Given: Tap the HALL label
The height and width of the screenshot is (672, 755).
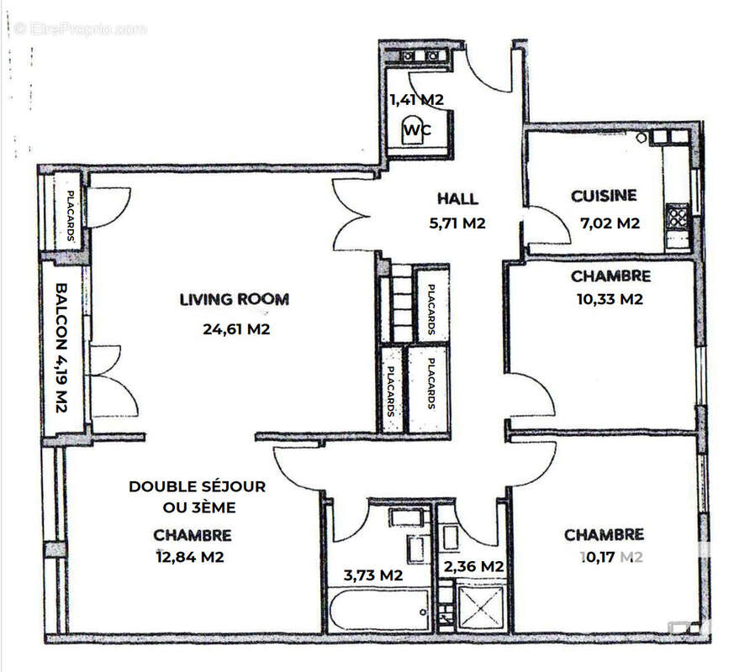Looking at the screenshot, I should point(457,199).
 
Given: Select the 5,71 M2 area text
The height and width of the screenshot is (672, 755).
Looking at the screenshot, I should point(457,223).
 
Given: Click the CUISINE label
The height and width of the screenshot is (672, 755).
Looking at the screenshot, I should point(604,196).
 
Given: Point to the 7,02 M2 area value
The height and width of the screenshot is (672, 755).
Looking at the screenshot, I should point(610,223).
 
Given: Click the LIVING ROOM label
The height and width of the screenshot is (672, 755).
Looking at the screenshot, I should point(234,299).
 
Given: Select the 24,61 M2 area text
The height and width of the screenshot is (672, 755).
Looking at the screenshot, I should point(236,329).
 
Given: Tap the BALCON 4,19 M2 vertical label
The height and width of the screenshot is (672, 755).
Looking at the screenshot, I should point(62,347).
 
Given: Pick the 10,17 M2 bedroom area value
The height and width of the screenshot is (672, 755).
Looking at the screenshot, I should point(611,556).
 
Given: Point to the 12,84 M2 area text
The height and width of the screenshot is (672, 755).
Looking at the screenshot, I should point(191,556).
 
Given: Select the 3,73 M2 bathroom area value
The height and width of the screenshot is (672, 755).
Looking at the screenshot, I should point(373,575).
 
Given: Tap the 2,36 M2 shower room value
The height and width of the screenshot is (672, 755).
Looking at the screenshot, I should point(473,566).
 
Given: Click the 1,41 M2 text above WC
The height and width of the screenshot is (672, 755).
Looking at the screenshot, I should point(416,99).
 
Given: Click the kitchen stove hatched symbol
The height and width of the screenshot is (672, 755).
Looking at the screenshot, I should point(678,218).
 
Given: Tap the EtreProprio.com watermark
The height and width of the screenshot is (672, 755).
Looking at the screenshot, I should point(81,29).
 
